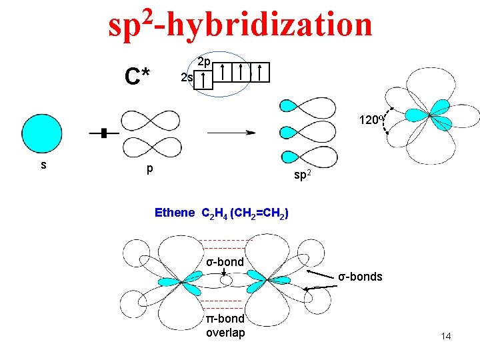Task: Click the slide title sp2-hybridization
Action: point(240,25)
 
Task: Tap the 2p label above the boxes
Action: point(204,61)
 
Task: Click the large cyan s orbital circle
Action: point(42,134)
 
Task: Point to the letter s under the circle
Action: point(43,163)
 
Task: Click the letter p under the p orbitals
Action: point(150,169)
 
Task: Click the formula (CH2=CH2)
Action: point(259,213)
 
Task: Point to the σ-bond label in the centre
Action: point(225,261)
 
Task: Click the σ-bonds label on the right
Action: point(360,276)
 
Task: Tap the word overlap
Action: point(225,333)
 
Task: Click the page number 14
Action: point(445,336)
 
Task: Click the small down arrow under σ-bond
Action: point(225,273)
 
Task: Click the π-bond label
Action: point(225,319)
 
